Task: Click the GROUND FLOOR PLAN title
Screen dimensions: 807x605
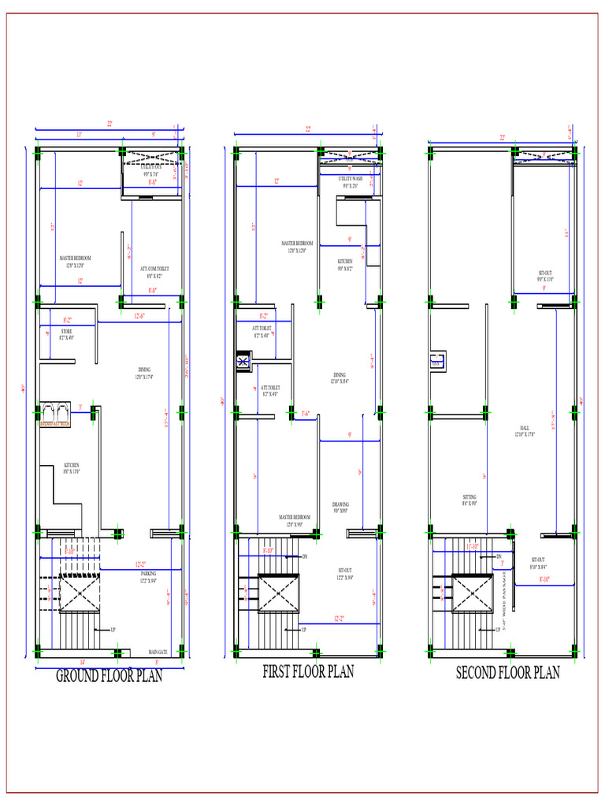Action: [x=109, y=675]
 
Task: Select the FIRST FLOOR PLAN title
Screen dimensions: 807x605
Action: [x=308, y=671]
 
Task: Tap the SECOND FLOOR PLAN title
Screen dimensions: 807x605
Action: [x=508, y=672]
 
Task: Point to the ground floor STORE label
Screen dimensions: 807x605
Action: [x=66, y=332]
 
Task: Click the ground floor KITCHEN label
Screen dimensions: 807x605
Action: [x=72, y=466]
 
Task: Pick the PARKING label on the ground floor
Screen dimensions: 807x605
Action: [x=148, y=573]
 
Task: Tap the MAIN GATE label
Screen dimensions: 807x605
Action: [x=158, y=652]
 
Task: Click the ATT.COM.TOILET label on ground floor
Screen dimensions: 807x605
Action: [x=154, y=269]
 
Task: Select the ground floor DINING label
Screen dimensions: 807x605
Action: [x=144, y=370]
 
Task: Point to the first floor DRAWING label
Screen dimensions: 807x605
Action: [x=340, y=504]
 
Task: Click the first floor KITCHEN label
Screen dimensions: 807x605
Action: [x=345, y=261]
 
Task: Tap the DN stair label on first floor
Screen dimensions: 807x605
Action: [x=304, y=556]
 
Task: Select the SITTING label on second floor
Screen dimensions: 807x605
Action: [x=470, y=496]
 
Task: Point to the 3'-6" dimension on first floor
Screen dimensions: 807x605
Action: [x=310, y=412]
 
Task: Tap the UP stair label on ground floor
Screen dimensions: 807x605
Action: [x=113, y=630]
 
